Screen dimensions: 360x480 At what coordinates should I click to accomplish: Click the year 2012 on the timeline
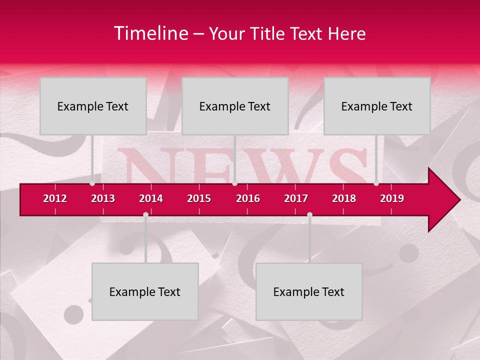(x=55, y=198)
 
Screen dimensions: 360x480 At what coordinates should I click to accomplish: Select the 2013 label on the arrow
(x=103, y=198)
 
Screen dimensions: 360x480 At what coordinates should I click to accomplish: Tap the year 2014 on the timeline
(x=151, y=198)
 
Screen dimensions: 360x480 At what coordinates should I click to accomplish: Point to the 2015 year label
(x=199, y=198)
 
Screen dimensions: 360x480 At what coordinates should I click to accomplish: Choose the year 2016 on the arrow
(x=248, y=198)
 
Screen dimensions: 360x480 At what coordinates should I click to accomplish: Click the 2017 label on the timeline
(x=296, y=198)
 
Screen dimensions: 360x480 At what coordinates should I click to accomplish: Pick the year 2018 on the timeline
(x=344, y=198)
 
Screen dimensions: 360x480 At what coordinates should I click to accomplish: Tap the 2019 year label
(x=392, y=198)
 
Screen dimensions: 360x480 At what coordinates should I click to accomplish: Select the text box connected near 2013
(x=93, y=106)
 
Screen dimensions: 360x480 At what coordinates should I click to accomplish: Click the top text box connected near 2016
(x=235, y=106)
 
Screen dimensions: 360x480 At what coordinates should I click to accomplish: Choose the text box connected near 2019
(x=377, y=106)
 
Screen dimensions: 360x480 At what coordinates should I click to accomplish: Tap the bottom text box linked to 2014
(x=145, y=291)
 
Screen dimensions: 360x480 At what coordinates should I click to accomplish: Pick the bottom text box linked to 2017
(x=309, y=291)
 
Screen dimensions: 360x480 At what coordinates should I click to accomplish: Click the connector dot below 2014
(x=145, y=215)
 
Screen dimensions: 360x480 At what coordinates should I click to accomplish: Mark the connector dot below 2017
(x=309, y=215)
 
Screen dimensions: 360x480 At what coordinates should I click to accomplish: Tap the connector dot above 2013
(x=92, y=183)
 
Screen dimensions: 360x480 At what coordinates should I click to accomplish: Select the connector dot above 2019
(x=376, y=183)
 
